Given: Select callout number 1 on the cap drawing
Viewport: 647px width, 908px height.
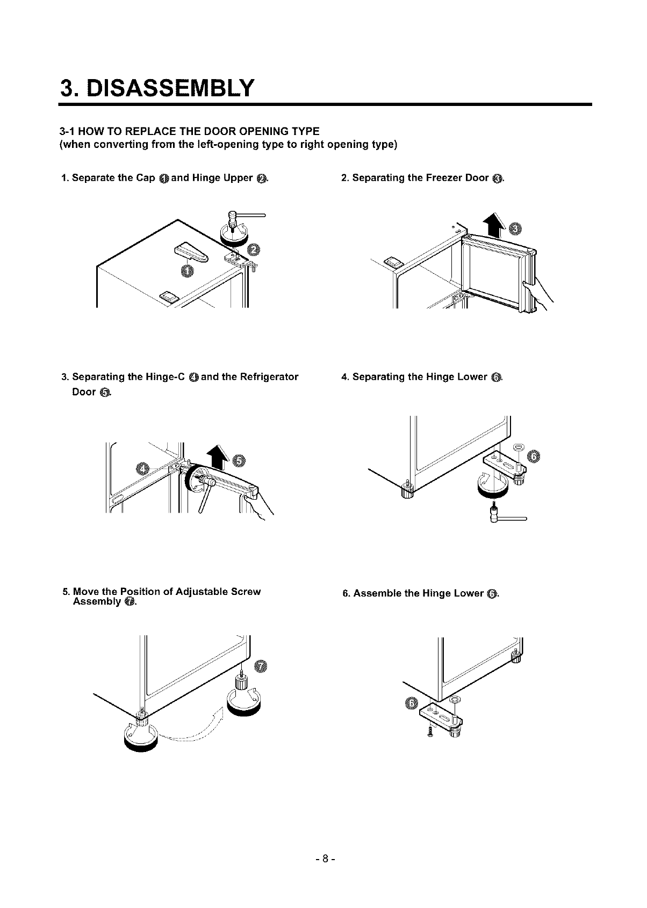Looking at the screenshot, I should coord(187,272).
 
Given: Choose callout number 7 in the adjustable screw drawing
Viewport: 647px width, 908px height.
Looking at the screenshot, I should coord(260,667).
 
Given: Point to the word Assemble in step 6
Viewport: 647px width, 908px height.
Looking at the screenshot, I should coord(376,594).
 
